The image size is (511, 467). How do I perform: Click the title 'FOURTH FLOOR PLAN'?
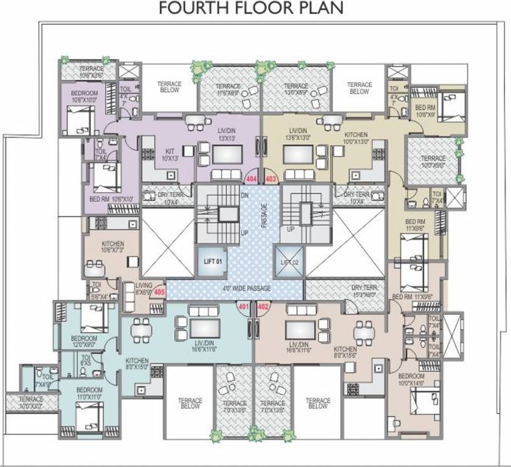coord(250,9)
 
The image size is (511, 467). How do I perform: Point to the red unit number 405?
coord(159,292)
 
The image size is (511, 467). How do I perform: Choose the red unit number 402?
coord(263,306)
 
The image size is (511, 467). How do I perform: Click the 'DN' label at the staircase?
coord(244,196)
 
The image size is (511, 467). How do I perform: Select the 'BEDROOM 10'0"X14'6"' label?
coord(412,380)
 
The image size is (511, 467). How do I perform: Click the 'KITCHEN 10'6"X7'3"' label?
coord(112,246)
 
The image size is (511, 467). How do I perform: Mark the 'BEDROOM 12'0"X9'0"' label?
coord(84,341)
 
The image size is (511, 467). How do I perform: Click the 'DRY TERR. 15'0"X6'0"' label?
coord(366,291)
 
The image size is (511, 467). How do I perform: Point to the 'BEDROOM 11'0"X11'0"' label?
coord(89,393)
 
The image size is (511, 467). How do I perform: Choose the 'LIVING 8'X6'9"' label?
coord(144,288)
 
